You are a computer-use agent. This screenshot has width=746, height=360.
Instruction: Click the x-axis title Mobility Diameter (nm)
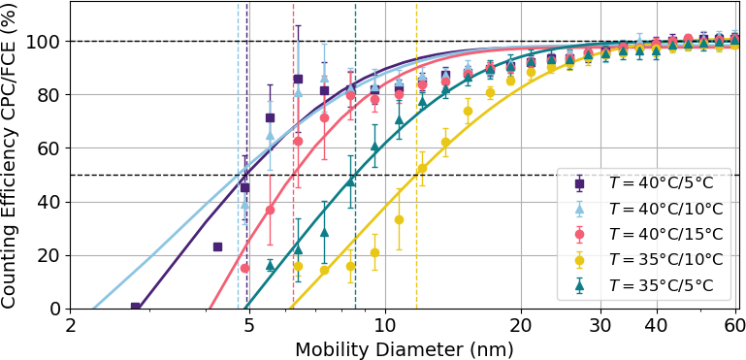click(404, 349)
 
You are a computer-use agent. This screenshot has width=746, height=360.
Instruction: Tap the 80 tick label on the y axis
click(51, 95)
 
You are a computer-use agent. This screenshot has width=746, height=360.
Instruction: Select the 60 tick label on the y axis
click(51, 148)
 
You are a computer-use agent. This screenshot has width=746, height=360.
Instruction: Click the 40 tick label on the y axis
click(51, 203)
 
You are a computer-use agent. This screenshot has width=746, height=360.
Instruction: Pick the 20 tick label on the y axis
click(51, 256)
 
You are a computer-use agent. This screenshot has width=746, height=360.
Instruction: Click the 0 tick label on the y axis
click(58, 310)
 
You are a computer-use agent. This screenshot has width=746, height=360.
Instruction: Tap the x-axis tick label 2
click(71, 326)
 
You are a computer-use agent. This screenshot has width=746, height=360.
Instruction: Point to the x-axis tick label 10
click(385, 326)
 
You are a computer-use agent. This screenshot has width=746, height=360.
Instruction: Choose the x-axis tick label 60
click(735, 326)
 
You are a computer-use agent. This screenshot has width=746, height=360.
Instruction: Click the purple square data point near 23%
click(218, 246)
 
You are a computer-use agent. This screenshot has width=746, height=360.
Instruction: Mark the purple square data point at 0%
click(135, 308)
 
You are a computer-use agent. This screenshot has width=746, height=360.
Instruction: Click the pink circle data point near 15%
click(245, 268)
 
